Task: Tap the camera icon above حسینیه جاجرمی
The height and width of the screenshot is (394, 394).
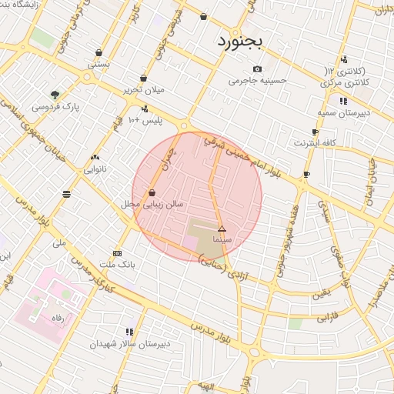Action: pyautogui.click(x=256, y=68)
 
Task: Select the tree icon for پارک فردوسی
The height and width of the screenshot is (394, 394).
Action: pyautogui.click(x=55, y=95)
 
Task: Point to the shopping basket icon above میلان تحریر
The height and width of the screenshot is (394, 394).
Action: pyautogui.click(x=144, y=78)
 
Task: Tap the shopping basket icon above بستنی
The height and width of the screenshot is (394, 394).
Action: pyautogui.click(x=98, y=53)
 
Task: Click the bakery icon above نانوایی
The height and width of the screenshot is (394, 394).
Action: pyautogui.click(x=95, y=157)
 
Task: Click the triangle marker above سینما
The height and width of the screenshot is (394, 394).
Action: pyautogui.click(x=222, y=229)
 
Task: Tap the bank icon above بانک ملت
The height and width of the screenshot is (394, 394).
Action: pyautogui.click(x=117, y=253)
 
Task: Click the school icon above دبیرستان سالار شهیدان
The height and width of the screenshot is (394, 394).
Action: pyautogui.click(x=129, y=332)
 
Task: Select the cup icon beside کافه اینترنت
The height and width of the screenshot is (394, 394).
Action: pyautogui.click(x=315, y=132)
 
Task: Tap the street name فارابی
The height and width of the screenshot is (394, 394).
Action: pyautogui.click(x=328, y=316)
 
